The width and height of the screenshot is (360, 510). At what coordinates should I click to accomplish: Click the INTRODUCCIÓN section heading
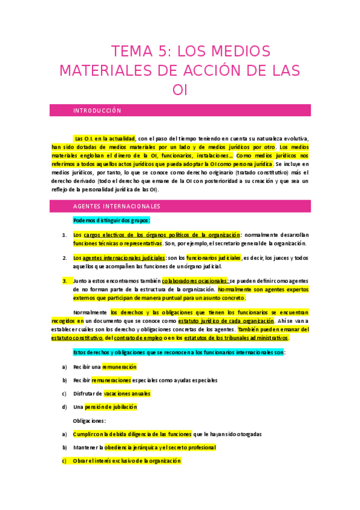click(x=97, y=111)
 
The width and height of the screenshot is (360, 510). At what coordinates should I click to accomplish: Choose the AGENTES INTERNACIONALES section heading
click(x=117, y=206)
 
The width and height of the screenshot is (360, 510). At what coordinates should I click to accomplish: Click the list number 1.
click(x=64, y=235)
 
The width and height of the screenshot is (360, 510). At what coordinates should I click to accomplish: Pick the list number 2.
click(x=64, y=258)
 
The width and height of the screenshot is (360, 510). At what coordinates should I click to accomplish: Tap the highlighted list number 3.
click(x=64, y=280)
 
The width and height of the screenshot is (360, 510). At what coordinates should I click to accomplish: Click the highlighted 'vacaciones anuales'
click(x=127, y=393)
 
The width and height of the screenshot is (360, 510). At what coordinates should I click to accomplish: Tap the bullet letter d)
click(x=64, y=407)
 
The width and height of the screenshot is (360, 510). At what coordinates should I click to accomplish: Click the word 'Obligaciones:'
click(x=89, y=420)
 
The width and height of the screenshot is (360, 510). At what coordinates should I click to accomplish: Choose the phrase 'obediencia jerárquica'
click(x=135, y=447)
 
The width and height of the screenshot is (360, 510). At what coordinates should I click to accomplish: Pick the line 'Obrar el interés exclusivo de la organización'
click(x=127, y=461)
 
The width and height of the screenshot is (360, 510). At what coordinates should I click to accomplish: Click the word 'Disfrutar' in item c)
click(x=85, y=393)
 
